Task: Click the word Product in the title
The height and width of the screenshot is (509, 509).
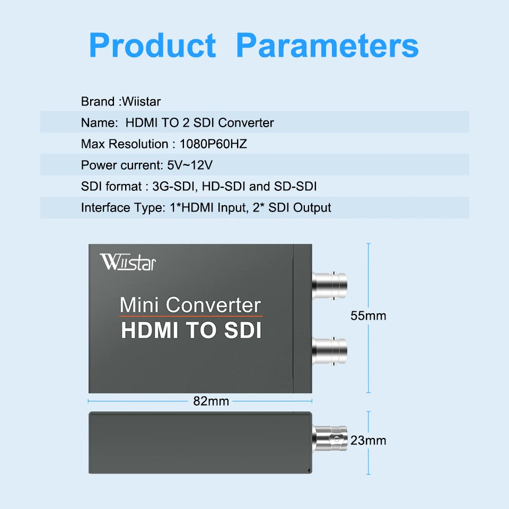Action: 153,46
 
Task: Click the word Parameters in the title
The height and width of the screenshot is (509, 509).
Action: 327,46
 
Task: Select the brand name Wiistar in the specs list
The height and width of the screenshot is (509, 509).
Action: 142,101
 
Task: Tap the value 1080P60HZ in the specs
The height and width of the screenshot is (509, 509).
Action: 214,144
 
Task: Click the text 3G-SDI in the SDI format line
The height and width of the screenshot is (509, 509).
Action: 167,187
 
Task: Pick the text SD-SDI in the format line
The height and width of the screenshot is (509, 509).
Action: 296,187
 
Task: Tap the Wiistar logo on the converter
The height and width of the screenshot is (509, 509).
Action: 128,262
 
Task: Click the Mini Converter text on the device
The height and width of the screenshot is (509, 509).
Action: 191,305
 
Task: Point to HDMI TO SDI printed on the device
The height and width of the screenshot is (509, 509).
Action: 191,330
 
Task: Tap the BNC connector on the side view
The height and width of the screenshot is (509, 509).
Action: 329,438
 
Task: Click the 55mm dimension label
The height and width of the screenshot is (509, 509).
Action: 368,316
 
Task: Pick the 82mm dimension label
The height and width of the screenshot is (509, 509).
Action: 210,401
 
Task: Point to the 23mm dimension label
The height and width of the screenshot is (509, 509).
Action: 368,440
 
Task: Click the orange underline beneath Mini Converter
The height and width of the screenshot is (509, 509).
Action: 191,317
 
